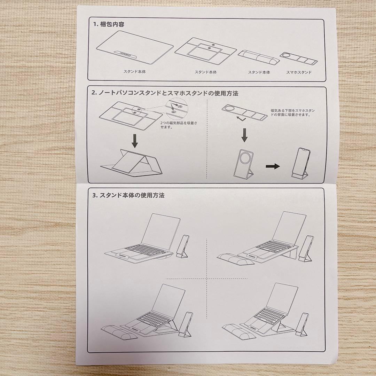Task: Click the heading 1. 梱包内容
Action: click(109, 25)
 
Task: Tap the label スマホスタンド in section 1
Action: click(299, 72)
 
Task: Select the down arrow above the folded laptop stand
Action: click(134, 141)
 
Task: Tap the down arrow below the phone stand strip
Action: click(244, 134)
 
